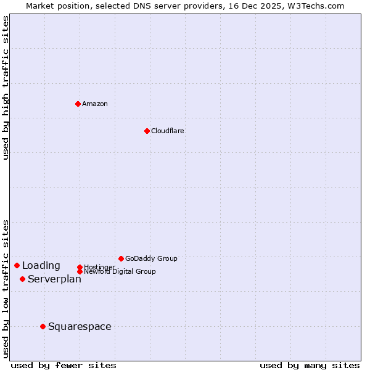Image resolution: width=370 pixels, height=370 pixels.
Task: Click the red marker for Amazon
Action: [78, 104]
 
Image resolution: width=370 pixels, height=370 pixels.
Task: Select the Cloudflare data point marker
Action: [147, 131]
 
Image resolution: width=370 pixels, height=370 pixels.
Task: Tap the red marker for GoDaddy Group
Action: [121, 258]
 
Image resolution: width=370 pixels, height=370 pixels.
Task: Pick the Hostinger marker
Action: [80, 267]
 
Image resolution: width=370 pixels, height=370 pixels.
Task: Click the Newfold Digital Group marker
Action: [80, 271]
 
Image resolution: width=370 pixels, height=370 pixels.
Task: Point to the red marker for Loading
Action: [17, 265]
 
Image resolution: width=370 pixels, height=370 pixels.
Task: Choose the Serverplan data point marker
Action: [22, 279]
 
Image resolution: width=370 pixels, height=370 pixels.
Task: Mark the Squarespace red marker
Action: [43, 326]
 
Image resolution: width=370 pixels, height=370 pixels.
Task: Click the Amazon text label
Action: [95, 104]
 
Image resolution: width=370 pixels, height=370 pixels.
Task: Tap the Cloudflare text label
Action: [168, 131]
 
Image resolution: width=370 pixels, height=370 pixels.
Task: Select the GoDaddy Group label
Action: [151, 258]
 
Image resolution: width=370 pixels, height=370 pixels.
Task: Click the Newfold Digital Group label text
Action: [120, 272]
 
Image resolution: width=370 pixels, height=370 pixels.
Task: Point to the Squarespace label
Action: [80, 327]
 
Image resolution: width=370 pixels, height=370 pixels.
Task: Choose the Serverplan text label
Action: [54, 279]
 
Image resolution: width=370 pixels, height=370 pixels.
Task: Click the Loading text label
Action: [41, 266]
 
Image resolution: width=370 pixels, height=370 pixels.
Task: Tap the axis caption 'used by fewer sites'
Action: [64, 365]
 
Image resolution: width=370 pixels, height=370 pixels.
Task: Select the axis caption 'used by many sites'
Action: [310, 365]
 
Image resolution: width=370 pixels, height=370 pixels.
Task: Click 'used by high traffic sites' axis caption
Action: [6, 88]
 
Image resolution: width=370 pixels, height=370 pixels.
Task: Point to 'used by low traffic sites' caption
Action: [6, 288]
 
